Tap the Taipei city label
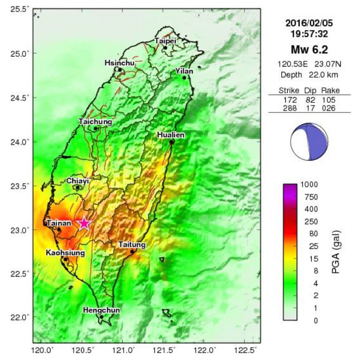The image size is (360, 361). pyautogui.click(x=165, y=41)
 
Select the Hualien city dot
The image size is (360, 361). pyautogui.click(x=171, y=142)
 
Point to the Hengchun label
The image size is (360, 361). pyautogui.click(x=101, y=310)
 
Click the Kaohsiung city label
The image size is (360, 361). pyautogui.click(x=65, y=253)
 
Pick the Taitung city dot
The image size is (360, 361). pyautogui.click(x=132, y=251)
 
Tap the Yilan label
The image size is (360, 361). pyautogui.click(x=185, y=71)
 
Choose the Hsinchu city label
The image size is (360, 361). pyautogui.click(x=120, y=63)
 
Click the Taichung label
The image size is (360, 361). pyautogui.click(x=95, y=122)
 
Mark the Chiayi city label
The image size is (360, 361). pyautogui.click(x=78, y=180)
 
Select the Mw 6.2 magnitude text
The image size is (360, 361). pyautogui.click(x=309, y=50)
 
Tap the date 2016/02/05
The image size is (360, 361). pyautogui.click(x=309, y=24)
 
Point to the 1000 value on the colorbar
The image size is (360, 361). pyautogui.click(x=310, y=184)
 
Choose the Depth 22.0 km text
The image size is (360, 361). pyautogui.click(x=309, y=75)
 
